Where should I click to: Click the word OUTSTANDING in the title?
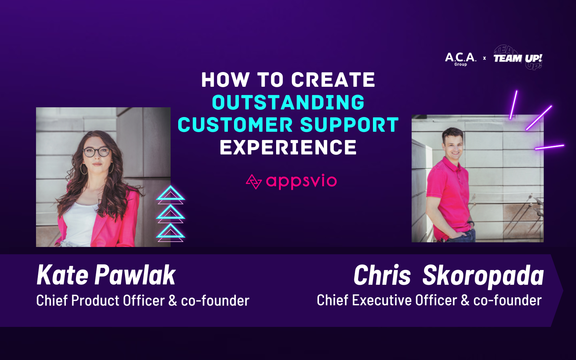point(288,103)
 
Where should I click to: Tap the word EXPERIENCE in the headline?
point(288,148)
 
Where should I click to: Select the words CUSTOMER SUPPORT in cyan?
point(288,125)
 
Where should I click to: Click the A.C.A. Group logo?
point(460,58)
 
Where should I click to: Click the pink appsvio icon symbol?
point(253,181)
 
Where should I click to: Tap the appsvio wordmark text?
point(301,181)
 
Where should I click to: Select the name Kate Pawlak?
point(106,275)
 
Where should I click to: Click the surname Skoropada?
point(483,276)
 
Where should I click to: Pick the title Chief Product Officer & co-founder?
point(143,301)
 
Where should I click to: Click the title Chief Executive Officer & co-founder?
point(429,300)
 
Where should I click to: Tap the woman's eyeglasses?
point(96,152)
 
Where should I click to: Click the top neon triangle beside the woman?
point(170,194)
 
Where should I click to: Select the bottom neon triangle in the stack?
point(170,232)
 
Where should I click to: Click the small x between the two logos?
point(484,58)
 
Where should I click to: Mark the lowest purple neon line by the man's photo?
point(549,147)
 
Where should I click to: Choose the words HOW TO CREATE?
point(288,80)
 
